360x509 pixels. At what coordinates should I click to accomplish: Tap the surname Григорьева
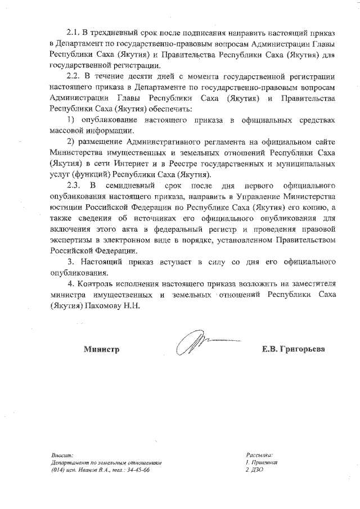pos(307,349)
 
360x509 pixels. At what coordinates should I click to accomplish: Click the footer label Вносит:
pos(58,455)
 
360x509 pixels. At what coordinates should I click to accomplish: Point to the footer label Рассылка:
pos(259,454)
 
